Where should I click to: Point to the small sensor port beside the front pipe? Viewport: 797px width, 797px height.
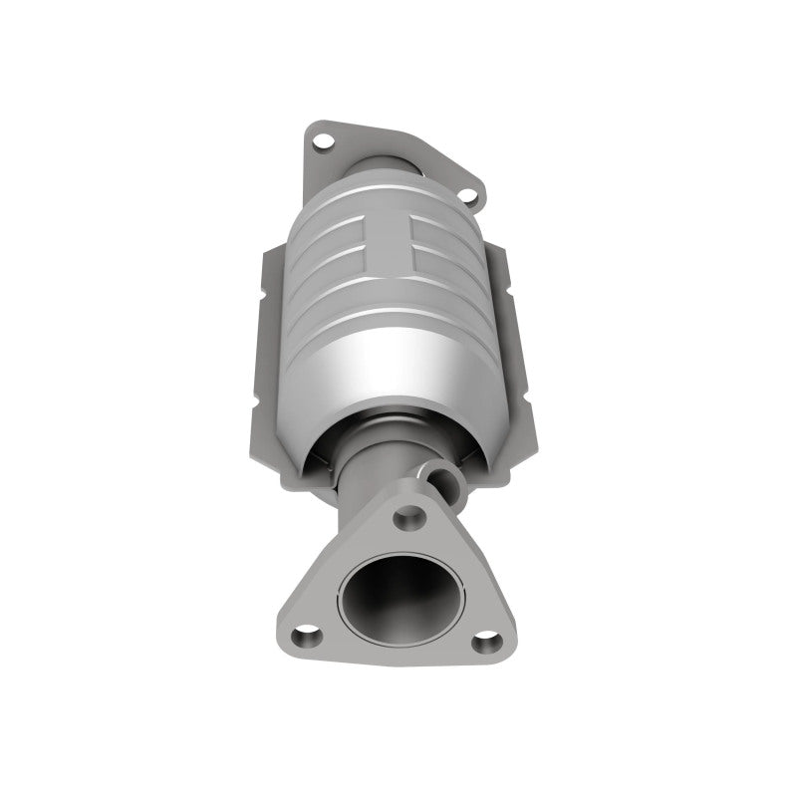point(435,471)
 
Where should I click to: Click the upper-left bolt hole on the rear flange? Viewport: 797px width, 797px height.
point(322,140)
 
